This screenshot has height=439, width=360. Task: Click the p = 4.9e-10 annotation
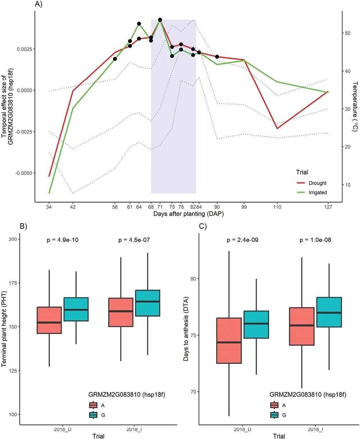click(x=63, y=240)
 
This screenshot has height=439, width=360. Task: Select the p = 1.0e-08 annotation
click(x=315, y=240)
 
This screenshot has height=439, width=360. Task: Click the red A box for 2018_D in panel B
click(x=50, y=320)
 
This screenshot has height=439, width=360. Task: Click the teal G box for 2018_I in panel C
click(x=329, y=312)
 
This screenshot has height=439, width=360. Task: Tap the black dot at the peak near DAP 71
click(x=160, y=20)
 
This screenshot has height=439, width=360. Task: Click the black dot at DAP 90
click(x=217, y=57)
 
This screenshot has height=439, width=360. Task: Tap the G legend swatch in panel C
click(x=275, y=415)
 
